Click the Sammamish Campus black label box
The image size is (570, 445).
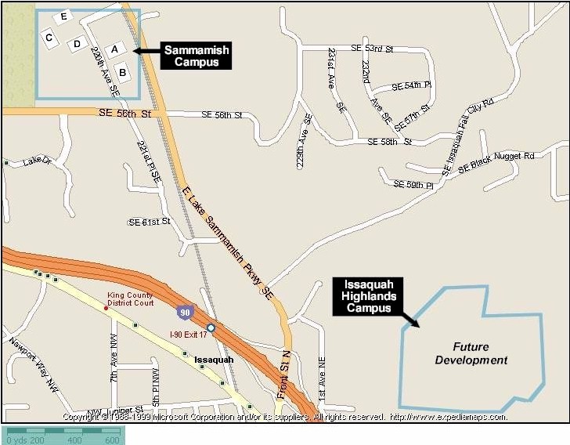[x=197, y=56]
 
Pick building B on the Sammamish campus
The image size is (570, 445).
[x=123, y=73]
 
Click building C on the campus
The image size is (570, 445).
[x=49, y=38]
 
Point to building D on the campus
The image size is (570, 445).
[x=77, y=44]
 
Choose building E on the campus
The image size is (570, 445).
[x=63, y=16]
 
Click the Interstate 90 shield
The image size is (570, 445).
[x=182, y=311]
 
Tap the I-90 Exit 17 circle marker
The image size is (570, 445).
[x=211, y=327]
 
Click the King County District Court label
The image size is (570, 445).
[x=131, y=299]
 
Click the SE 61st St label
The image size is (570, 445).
[x=149, y=222]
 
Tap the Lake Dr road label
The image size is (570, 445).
[x=36, y=161]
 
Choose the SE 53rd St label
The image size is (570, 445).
[x=372, y=49]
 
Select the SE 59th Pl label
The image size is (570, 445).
[x=413, y=185]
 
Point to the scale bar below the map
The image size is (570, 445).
[x=62, y=436]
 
